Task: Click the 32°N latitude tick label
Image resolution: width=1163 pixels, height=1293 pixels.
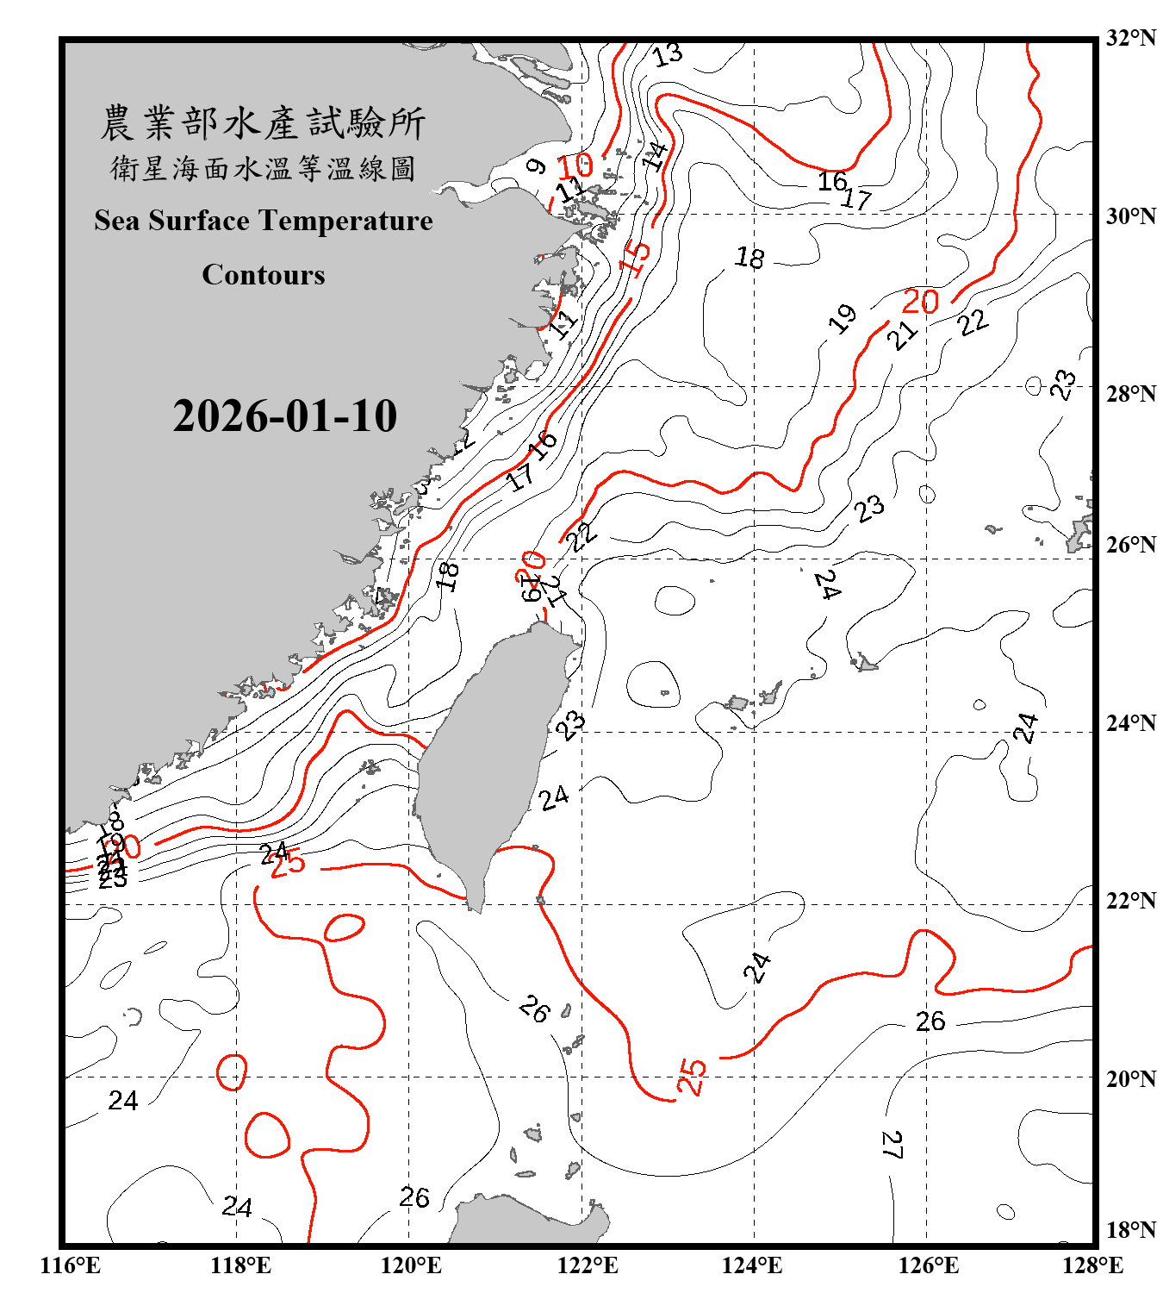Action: click(1131, 38)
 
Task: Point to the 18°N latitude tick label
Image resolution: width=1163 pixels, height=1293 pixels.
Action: click(1131, 1230)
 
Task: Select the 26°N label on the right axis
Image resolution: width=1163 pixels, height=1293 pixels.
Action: click(1131, 545)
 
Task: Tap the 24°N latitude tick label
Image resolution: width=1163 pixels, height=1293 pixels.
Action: click(1131, 722)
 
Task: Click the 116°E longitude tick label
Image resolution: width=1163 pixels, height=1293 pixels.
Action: click(71, 1265)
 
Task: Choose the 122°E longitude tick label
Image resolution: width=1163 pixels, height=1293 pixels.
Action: click(588, 1265)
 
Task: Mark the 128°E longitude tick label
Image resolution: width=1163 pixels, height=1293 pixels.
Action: click(1092, 1265)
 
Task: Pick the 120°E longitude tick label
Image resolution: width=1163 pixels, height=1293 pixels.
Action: click(411, 1265)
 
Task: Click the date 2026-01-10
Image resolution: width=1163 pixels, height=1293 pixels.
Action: click(284, 416)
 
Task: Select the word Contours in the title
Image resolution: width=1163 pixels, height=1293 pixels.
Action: click(264, 275)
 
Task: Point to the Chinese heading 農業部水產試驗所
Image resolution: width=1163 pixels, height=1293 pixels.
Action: click(263, 123)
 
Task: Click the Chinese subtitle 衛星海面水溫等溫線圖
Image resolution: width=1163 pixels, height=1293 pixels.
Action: click(263, 168)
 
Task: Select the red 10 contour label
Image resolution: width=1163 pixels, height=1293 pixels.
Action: click(575, 166)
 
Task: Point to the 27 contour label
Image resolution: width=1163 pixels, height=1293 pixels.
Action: click(892, 1145)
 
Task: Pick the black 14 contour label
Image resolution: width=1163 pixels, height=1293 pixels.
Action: click(656, 156)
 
